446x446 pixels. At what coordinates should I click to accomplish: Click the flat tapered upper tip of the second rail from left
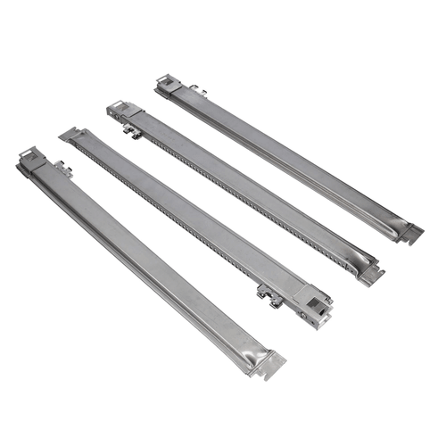[70, 134]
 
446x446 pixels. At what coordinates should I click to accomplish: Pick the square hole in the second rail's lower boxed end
[312, 309]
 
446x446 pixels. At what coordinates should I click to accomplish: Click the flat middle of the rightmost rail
[285, 152]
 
